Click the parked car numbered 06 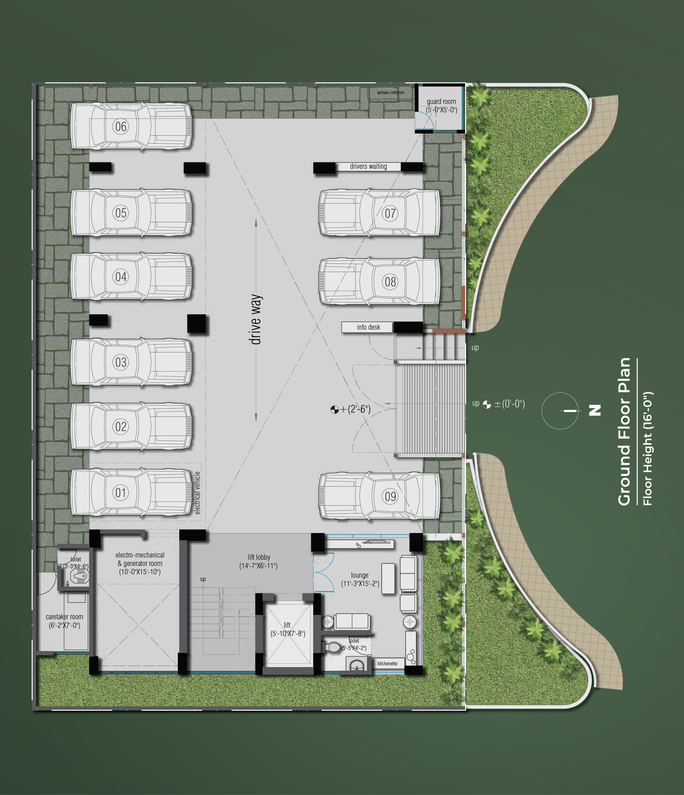click(x=131, y=126)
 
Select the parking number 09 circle click(x=390, y=497)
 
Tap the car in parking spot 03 click(x=131, y=362)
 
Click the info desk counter click(x=367, y=327)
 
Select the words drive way click(x=256, y=320)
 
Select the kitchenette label click(x=387, y=663)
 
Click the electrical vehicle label click(x=198, y=493)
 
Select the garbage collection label click(x=391, y=92)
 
